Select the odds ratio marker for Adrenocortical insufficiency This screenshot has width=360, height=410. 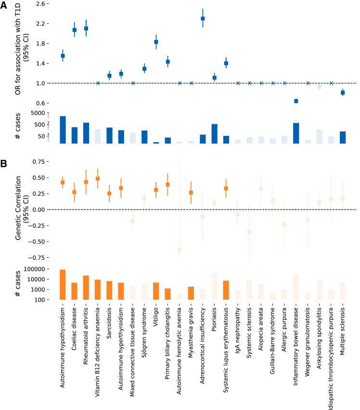[x=203, y=18]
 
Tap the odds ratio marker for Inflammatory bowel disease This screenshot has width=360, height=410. [x=296, y=101]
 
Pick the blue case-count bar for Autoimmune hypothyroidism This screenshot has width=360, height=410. [x=63, y=130]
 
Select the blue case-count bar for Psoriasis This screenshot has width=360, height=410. [x=214, y=133]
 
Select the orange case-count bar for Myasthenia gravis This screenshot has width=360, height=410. [x=191, y=293]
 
